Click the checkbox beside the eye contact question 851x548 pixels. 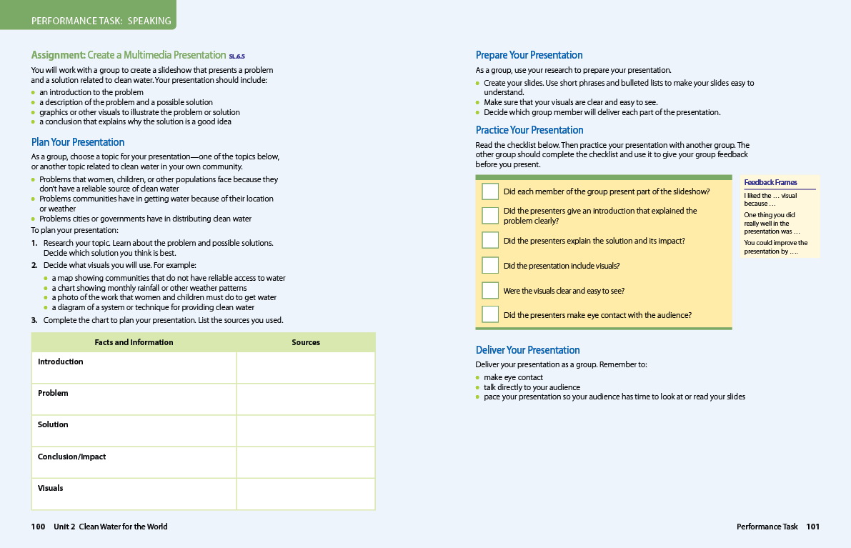point(490,314)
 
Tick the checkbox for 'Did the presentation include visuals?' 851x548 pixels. point(490,265)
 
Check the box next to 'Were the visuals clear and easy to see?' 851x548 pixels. point(490,290)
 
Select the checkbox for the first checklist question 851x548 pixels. point(490,191)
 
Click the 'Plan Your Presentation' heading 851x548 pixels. point(78,142)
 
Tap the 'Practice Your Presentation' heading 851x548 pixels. point(529,130)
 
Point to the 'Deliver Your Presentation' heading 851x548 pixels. point(527,350)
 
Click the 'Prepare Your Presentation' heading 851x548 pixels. point(529,55)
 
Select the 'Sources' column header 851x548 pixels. point(306,342)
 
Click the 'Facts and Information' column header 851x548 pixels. point(134,342)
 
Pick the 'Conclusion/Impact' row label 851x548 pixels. point(71,457)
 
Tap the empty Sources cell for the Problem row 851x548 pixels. point(305,399)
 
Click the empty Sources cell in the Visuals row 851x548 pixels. point(305,494)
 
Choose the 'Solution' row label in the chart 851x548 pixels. point(53,424)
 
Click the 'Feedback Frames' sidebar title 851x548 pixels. point(770,182)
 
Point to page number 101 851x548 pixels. point(813,527)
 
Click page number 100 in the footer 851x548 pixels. point(38,527)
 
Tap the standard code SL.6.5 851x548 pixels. point(237,56)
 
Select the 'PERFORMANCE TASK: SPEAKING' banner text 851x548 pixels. point(101,21)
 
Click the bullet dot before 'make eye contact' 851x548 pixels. point(478,377)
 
